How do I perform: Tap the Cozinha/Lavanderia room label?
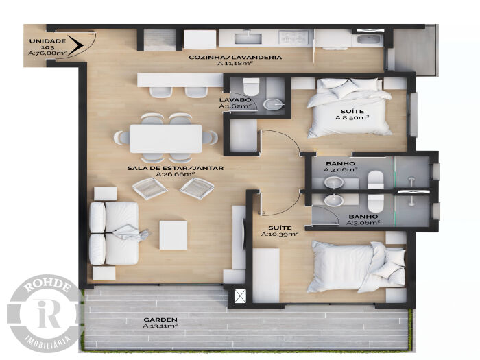235,57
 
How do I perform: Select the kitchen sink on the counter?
248,38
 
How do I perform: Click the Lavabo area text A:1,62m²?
235,106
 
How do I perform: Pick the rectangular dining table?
166,139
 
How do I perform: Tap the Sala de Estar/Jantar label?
176,168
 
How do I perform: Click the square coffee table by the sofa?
173,235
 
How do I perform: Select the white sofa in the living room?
114,233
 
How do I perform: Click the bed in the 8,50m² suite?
349,108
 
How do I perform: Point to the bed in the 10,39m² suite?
357,267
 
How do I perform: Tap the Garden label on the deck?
160,320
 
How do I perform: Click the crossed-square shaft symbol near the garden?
240,296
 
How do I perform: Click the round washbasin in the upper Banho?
334,183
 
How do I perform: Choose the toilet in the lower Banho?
375,202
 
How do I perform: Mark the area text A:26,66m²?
176,174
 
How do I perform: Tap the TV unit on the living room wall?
239,237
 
